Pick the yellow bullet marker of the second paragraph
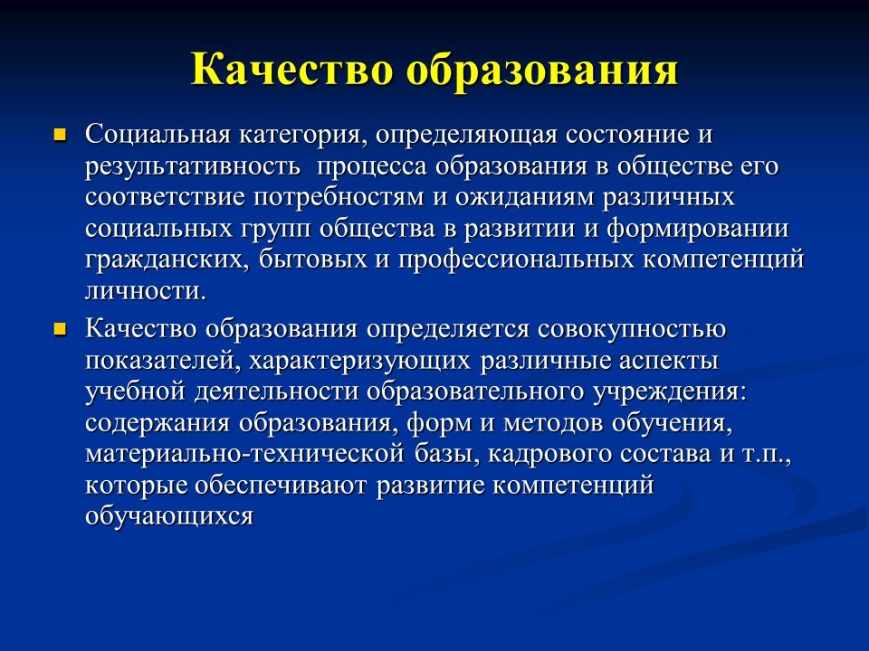point(61,329)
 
